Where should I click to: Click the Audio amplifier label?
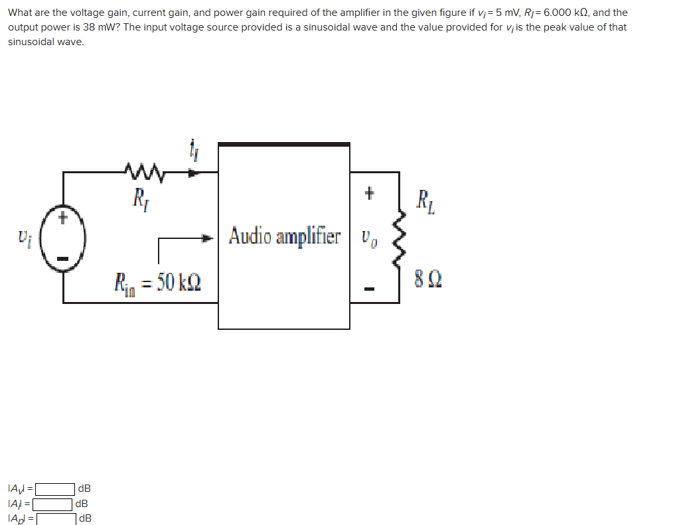point(285,236)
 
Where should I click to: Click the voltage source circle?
point(63,237)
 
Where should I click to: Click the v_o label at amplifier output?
point(370,237)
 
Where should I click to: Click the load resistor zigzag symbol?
point(399,237)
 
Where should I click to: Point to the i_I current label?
point(194,154)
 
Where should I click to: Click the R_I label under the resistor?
point(140,197)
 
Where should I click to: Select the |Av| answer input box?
point(55,489)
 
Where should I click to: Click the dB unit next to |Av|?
point(84,489)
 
